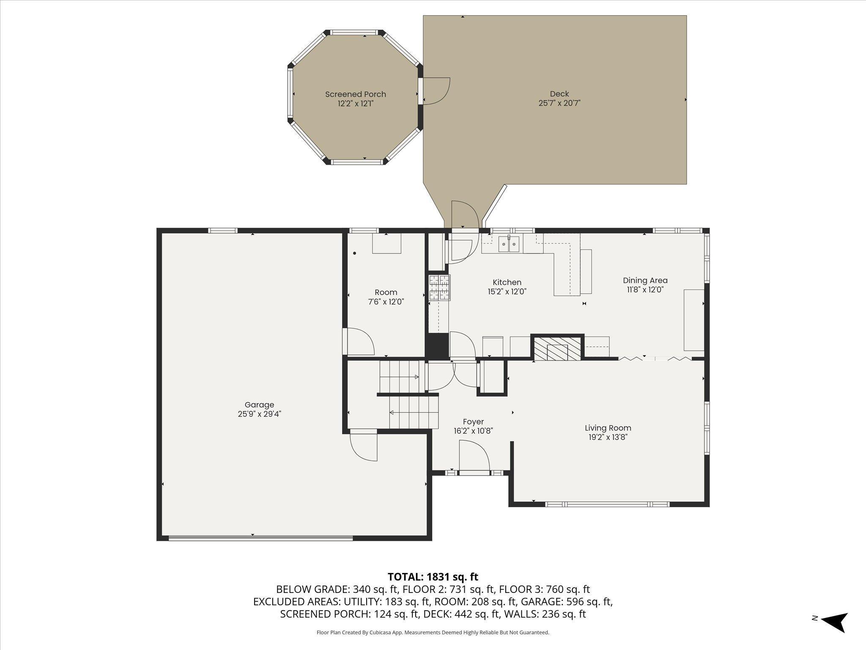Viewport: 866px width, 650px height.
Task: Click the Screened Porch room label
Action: [356, 94]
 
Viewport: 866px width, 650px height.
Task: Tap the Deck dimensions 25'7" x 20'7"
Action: [559, 103]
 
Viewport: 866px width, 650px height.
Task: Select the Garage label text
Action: [259, 405]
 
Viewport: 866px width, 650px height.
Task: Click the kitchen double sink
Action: [509, 243]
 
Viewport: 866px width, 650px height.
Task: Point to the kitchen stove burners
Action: [439, 288]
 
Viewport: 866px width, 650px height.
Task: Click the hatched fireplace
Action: [557, 349]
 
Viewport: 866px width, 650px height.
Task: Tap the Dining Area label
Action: [645, 280]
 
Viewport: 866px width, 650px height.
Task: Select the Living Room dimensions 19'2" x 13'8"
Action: [608, 437]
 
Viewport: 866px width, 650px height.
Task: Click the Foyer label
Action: [473, 422]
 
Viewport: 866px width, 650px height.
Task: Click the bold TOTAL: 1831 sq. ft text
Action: [433, 577]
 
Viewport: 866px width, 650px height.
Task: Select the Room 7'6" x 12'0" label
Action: [386, 297]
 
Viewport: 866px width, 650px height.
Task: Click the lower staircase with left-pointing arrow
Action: [414, 413]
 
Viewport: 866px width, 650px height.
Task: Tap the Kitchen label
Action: [507, 282]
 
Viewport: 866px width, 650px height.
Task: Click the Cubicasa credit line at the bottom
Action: [433, 633]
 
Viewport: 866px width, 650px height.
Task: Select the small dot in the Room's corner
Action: [355, 253]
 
